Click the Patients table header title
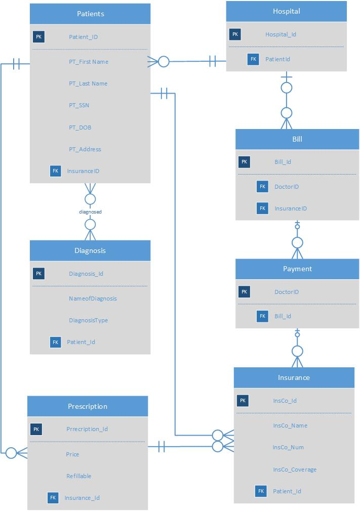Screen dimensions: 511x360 (90, 14)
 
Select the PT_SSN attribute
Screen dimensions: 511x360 (79, 105)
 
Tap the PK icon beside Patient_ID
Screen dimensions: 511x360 (39, 37)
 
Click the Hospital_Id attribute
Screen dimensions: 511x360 (281, 34)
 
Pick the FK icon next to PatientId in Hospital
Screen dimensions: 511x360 (254, 59)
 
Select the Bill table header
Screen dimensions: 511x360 (297, 139)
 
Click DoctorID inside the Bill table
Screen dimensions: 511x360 (287, 187)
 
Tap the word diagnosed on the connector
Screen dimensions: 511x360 (90, 212)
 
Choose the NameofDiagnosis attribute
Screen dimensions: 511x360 (93, 299)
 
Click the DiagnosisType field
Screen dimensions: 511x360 (88, 320)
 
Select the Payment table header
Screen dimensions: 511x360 (297, 269)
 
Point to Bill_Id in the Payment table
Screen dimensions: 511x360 (283, 316)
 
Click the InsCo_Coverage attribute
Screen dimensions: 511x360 (294, 470)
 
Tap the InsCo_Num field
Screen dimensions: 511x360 (288, 447)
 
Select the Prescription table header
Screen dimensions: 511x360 (88, 406)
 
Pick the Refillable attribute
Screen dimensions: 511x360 (78, 476)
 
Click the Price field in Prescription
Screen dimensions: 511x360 (72, 454)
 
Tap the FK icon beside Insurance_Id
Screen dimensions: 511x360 (53, 498)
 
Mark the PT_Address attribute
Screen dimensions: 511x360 (85, 149)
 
